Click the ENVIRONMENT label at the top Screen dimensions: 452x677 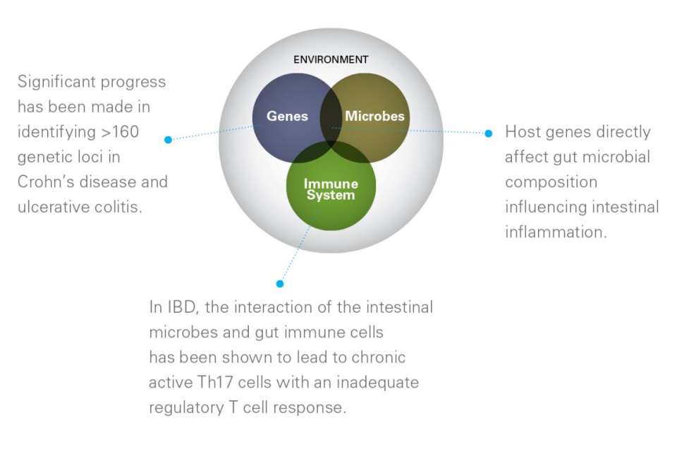click(x=330, y=59)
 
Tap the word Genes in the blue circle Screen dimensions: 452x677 click(x=287, y=116)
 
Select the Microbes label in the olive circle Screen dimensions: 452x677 click(x=374, y=116)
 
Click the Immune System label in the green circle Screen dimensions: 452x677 click(x=331, y=189)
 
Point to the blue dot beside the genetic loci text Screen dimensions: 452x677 click(x=168, y=140)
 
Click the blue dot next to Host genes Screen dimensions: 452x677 click(x=488, y=133)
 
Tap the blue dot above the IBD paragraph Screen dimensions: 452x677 click(x=280, y=283)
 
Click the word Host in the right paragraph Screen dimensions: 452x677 click(x=523, y=132)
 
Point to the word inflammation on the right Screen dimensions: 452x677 click(x=556, y=232)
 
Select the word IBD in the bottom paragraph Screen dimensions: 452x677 click(x=180, y=307)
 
